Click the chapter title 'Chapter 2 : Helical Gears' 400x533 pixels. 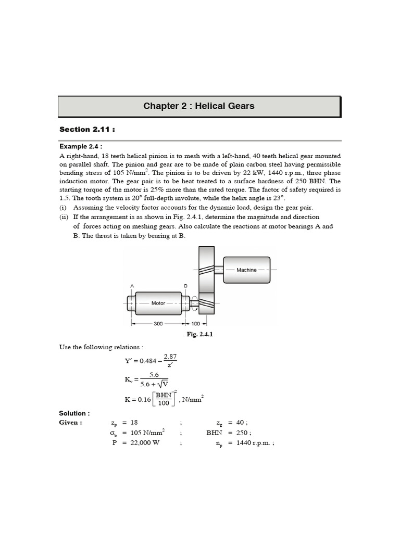click(199, 106)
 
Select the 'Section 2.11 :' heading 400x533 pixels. click(86, 130)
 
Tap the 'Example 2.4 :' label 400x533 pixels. click(81, 147)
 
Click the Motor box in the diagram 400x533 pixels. click(158, 303)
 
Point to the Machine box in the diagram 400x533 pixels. click(246, 270)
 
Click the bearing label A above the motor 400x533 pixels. click(132, 286)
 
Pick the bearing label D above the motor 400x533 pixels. click(186, 286)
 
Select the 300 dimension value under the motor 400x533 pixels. click(158, 323)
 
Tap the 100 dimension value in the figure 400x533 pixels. click(196, 323)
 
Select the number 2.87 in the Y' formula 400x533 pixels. click(170, 357)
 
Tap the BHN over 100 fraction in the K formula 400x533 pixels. click(164, 399)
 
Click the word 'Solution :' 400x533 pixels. click(74, 413)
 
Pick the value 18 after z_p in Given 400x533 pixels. click(134, 423)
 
